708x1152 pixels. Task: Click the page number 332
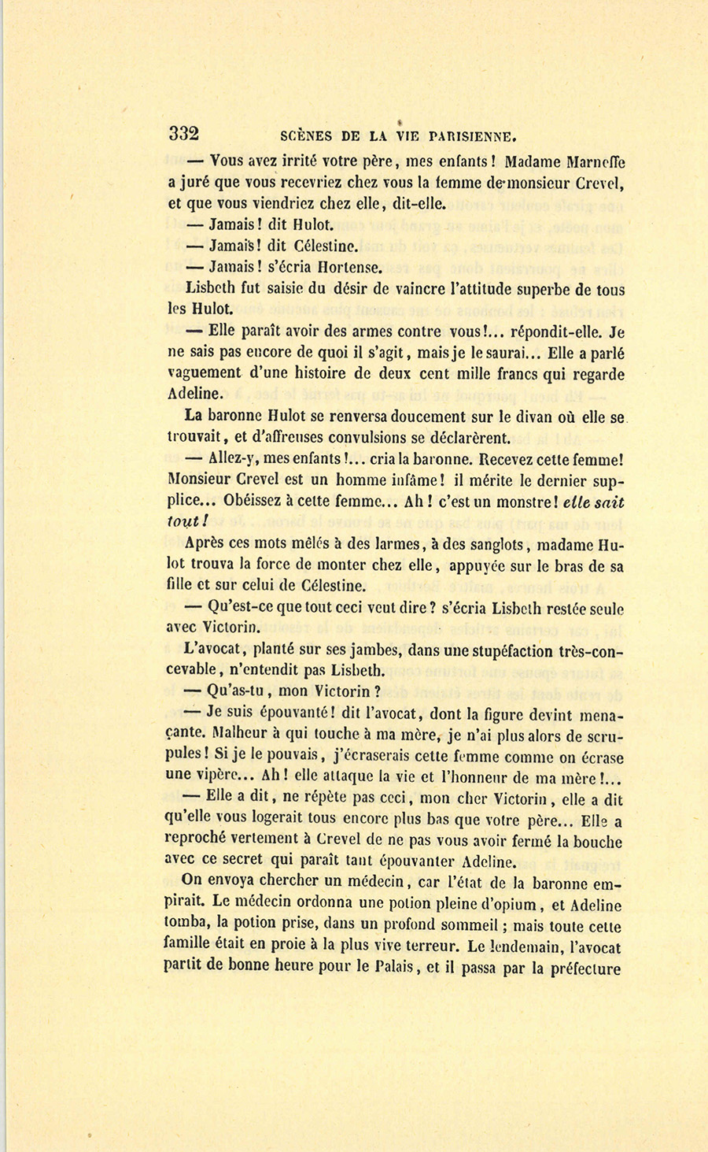tap(183, 133)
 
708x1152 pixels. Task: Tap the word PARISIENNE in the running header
tap(469, 135)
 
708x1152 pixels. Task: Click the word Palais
tap(394, 969)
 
